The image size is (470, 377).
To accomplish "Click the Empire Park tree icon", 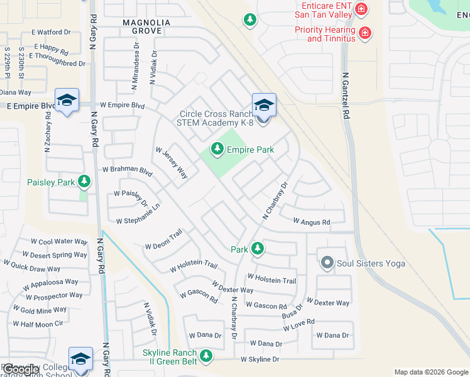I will pos(217,149).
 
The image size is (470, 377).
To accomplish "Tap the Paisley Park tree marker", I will pos(84,182).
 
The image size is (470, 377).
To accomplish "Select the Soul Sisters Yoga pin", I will pos(327,263).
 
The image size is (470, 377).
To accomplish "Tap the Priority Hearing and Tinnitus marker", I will pos(365,33).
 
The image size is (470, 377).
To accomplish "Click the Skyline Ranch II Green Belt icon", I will pos(205,357).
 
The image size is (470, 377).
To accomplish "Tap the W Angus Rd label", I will pos(312,222).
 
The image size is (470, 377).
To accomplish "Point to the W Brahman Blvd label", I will pos(128,170).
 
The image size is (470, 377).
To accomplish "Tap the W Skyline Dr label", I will pos(260,359).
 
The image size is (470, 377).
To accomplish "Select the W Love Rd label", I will pos(298,325).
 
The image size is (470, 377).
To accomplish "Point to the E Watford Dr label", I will pos(52,31).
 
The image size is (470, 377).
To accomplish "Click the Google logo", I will pos(21,369).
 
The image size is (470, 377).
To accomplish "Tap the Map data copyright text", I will pos(431,372).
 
